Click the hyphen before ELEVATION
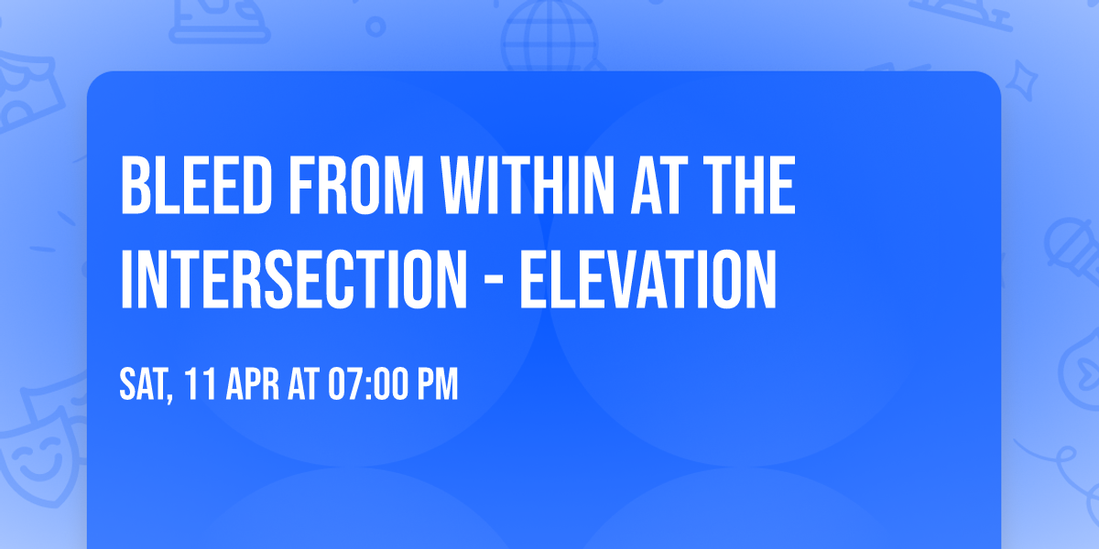point(487,280)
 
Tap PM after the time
point(437,385)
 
